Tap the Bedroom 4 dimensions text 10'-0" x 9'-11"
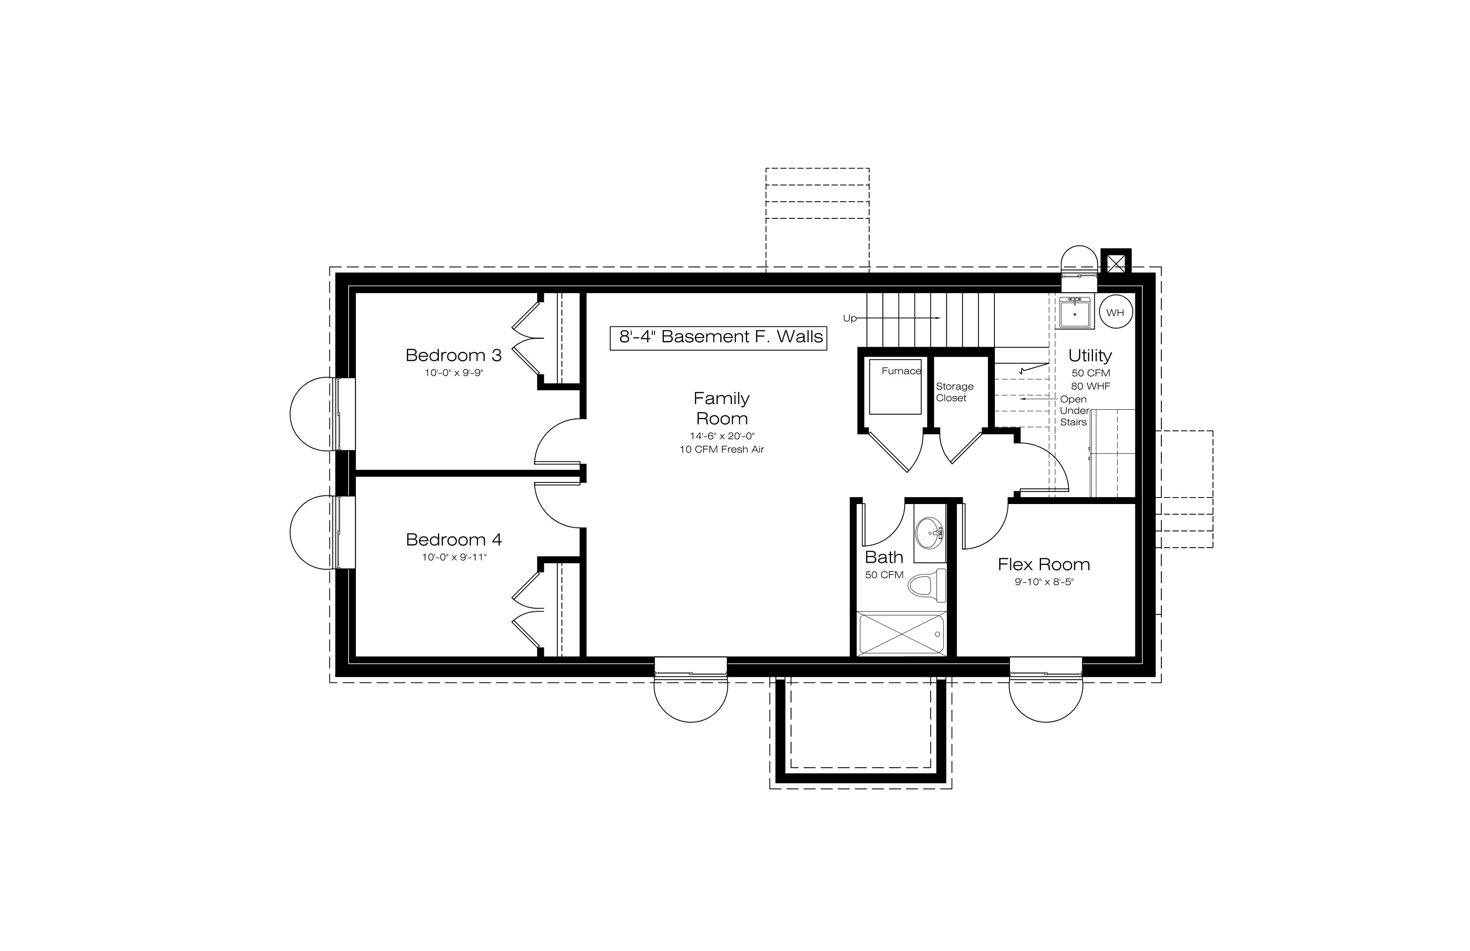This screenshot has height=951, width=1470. click(454, 557)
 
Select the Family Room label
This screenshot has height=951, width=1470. click(722, 408)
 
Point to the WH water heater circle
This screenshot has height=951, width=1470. click(1115, 313)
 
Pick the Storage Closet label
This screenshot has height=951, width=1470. click(954, 392)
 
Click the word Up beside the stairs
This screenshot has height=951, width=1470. click(850, 319)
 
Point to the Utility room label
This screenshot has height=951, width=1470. click(1090, 356)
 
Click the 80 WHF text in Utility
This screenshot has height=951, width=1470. click(1091, 386)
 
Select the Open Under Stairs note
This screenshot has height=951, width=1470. click(1074, 411)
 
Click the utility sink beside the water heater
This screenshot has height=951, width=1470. click(1075, 312)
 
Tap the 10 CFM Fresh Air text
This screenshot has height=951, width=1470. click(722, 449)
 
